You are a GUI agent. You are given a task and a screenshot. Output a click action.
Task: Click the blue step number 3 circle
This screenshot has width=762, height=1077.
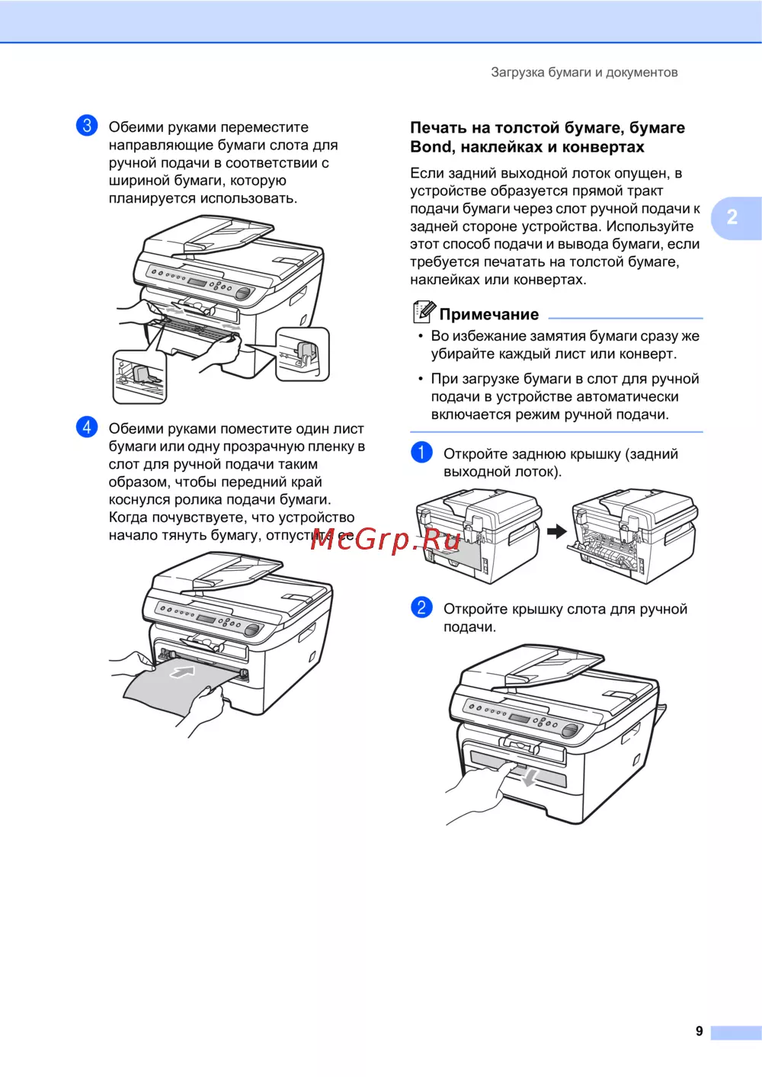coord(87,126)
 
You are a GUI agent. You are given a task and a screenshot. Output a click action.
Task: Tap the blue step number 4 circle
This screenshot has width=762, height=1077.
coord(87,427)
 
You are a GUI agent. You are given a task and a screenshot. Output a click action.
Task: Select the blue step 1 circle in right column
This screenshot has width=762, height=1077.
coord(421,453)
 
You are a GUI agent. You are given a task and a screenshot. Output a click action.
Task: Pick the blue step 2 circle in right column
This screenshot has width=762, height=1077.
coord(421,607)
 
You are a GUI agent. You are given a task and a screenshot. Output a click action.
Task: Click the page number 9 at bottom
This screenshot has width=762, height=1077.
coord(699,1031)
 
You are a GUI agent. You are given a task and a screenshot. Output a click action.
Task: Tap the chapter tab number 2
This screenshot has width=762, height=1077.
coord(732,216)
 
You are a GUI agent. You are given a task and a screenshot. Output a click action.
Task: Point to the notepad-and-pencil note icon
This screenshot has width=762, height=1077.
coord(424,312)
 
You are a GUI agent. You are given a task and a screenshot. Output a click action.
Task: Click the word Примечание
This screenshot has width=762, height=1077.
coord(489,315)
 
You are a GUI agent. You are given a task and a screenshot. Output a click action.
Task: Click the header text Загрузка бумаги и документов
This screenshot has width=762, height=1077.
coord(584,72)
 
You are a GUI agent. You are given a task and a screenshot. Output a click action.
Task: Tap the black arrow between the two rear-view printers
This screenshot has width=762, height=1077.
coord(557,531)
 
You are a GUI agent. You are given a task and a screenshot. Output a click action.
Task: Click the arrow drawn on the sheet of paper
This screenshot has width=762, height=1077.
coord(183,672)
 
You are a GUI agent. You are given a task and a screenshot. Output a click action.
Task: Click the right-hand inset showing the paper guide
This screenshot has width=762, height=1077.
coord(303,354)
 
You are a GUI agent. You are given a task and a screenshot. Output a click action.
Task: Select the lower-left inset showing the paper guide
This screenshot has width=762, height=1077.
coord(139,377)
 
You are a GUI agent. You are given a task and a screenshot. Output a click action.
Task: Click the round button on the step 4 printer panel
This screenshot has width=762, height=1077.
coord(252,630)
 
